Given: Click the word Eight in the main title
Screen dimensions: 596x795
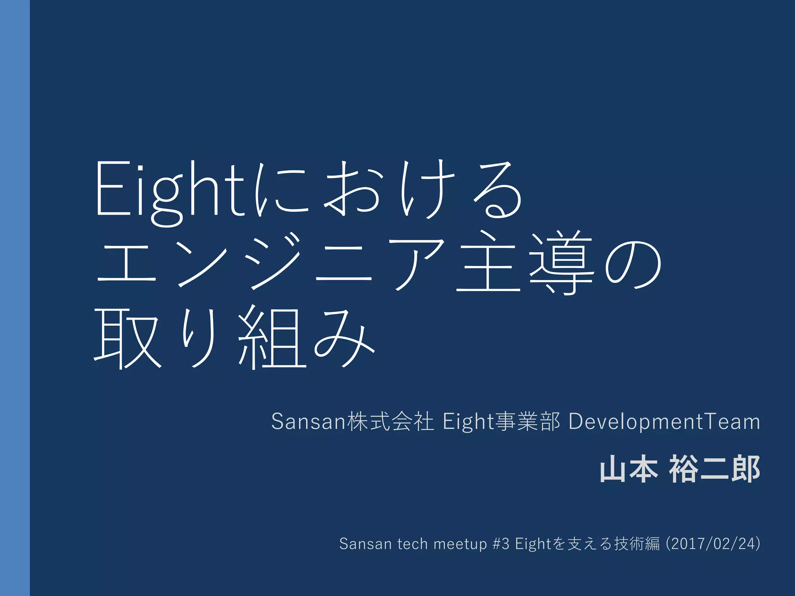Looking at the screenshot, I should [170, 190].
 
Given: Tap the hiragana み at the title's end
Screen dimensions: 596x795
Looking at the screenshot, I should [344, 338].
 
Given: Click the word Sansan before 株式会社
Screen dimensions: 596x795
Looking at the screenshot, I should [309, 421].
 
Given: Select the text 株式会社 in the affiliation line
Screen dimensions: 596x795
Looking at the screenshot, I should [390, 421].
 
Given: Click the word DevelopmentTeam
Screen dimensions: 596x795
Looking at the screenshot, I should [664, 421].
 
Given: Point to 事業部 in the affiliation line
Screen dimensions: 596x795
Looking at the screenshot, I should [528, 421].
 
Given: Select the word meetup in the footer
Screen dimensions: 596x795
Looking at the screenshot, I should [460, 544].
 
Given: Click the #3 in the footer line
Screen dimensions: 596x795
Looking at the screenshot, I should [501, 544].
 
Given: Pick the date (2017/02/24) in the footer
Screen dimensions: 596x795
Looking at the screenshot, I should [713, 544].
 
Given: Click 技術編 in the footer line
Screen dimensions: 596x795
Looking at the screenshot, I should [637, 544].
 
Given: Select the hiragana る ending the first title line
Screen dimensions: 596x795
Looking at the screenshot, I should [497, 190].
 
